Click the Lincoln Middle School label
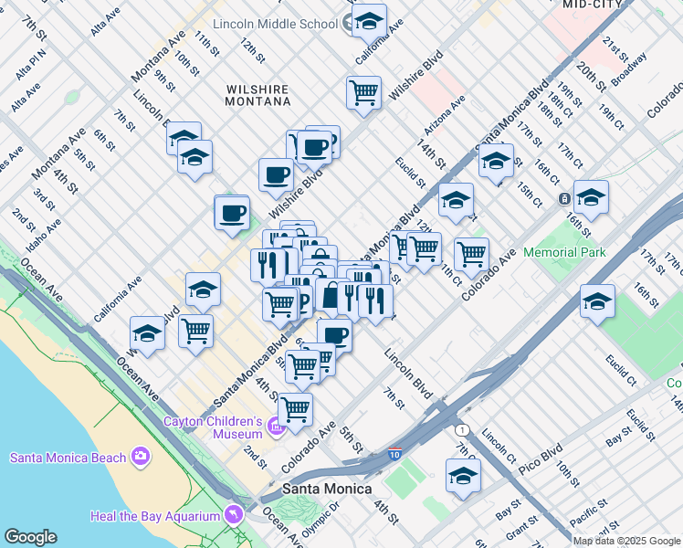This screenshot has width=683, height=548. (276, 23)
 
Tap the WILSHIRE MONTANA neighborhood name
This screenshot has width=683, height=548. (257, 95)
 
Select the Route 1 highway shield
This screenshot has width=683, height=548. (462, 430)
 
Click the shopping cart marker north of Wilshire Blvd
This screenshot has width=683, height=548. (363, 92)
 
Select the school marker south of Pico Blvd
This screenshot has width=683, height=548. (463, 476)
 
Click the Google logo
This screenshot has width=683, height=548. (31, 537)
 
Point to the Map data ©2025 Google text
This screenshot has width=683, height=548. (627, 541)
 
